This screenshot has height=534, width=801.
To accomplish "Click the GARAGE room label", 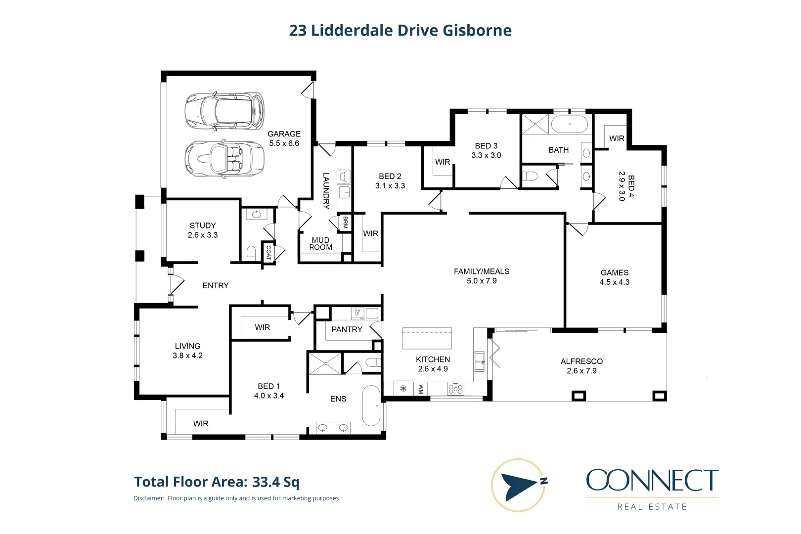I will (284, 134).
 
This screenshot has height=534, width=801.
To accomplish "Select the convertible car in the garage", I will (224, 158).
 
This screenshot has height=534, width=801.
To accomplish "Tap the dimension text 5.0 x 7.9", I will (482, 281).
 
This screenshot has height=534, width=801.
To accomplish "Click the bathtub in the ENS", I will (371, 405).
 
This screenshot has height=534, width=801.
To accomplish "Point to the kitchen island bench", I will (427, 338).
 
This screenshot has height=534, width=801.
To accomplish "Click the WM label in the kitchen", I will (421, 389).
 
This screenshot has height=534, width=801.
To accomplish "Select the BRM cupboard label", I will (345, 222).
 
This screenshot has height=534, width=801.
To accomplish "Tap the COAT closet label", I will (268, 253).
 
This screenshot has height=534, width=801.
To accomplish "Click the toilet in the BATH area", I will (530, 176).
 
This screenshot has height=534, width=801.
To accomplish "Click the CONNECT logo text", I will (652, 481).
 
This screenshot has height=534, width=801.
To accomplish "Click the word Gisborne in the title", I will (477, 31).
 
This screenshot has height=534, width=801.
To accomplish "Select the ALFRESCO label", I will (581, 361).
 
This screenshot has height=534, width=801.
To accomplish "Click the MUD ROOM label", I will (320, 244).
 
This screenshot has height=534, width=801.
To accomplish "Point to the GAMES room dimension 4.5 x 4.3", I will (614, 282).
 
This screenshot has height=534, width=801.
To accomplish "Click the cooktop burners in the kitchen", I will (455, 389).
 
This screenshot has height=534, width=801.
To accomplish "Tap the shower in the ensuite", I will (325, 363).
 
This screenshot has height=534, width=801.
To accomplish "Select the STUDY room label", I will (203, 225).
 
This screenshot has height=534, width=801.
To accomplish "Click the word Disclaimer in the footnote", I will (149, 498).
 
